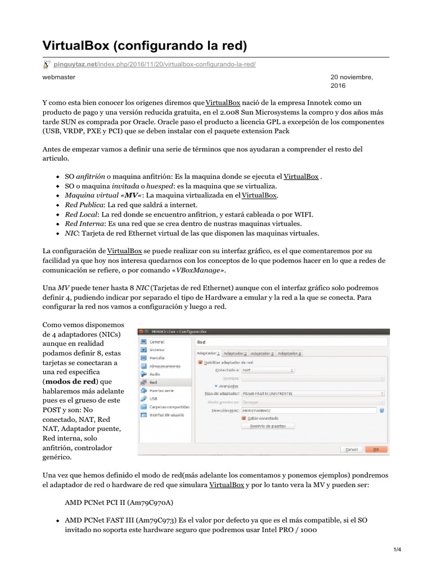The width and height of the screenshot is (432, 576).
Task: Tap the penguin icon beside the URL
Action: (48, 64)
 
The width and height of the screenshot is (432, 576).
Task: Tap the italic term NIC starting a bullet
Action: (71, 233)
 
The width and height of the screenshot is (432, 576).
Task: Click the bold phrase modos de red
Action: (73, 381)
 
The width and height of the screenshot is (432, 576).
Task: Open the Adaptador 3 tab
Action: (262, 353)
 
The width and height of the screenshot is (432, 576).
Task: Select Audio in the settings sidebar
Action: (155, 373)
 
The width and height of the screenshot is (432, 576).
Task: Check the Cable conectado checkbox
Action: (244, 418)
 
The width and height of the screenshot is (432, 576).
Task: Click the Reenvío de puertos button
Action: (268, 426)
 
